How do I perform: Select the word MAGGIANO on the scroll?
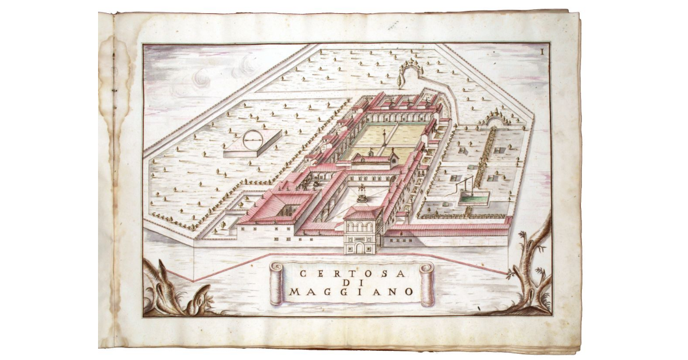[x=350, y=291]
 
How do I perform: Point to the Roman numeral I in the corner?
[x=542, y=51]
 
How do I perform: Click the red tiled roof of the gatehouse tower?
[x=363, y=214]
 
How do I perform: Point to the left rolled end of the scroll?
[x=276, y=284]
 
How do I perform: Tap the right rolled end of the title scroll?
[x=426, y=284]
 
